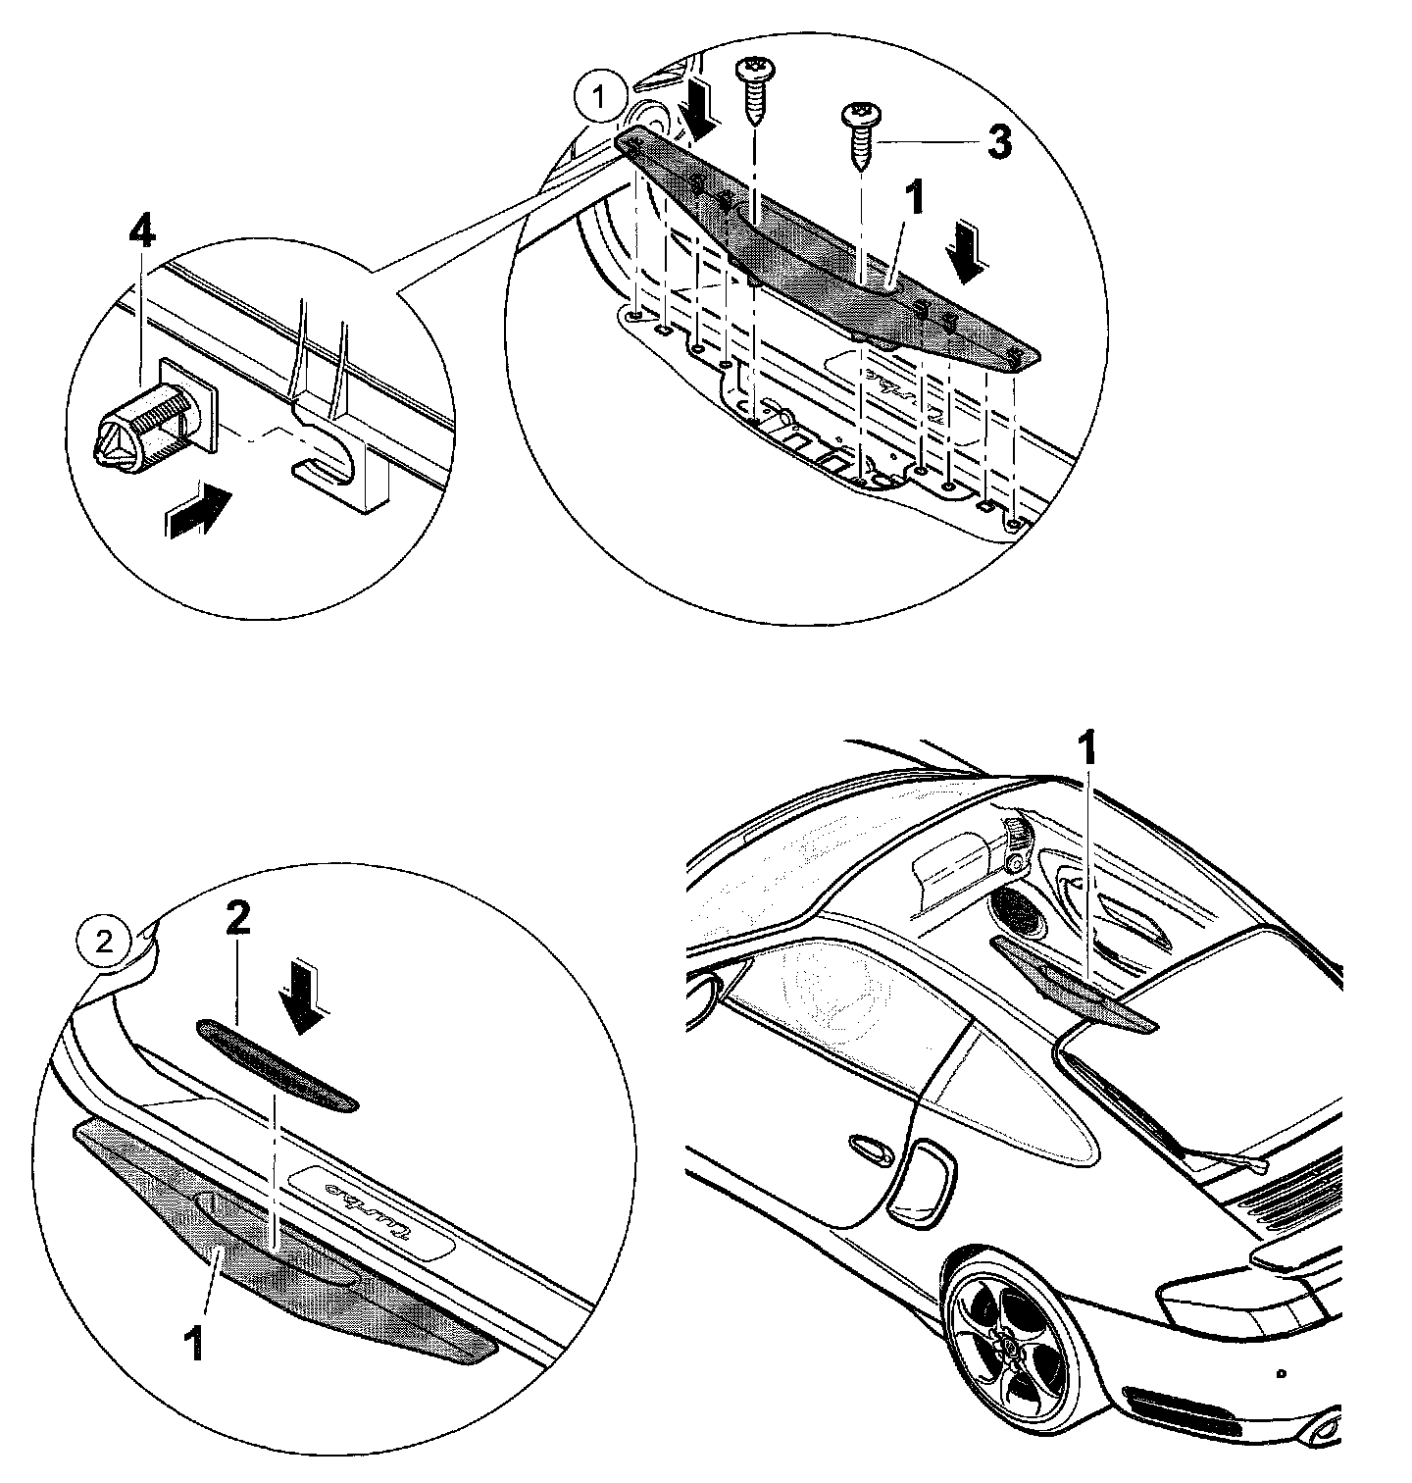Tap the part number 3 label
[997, 143]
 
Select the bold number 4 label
[142, 233]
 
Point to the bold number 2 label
[239, 919]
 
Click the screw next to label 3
[858, 136]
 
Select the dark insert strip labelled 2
[278, 1065]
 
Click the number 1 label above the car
[1087, 754]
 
